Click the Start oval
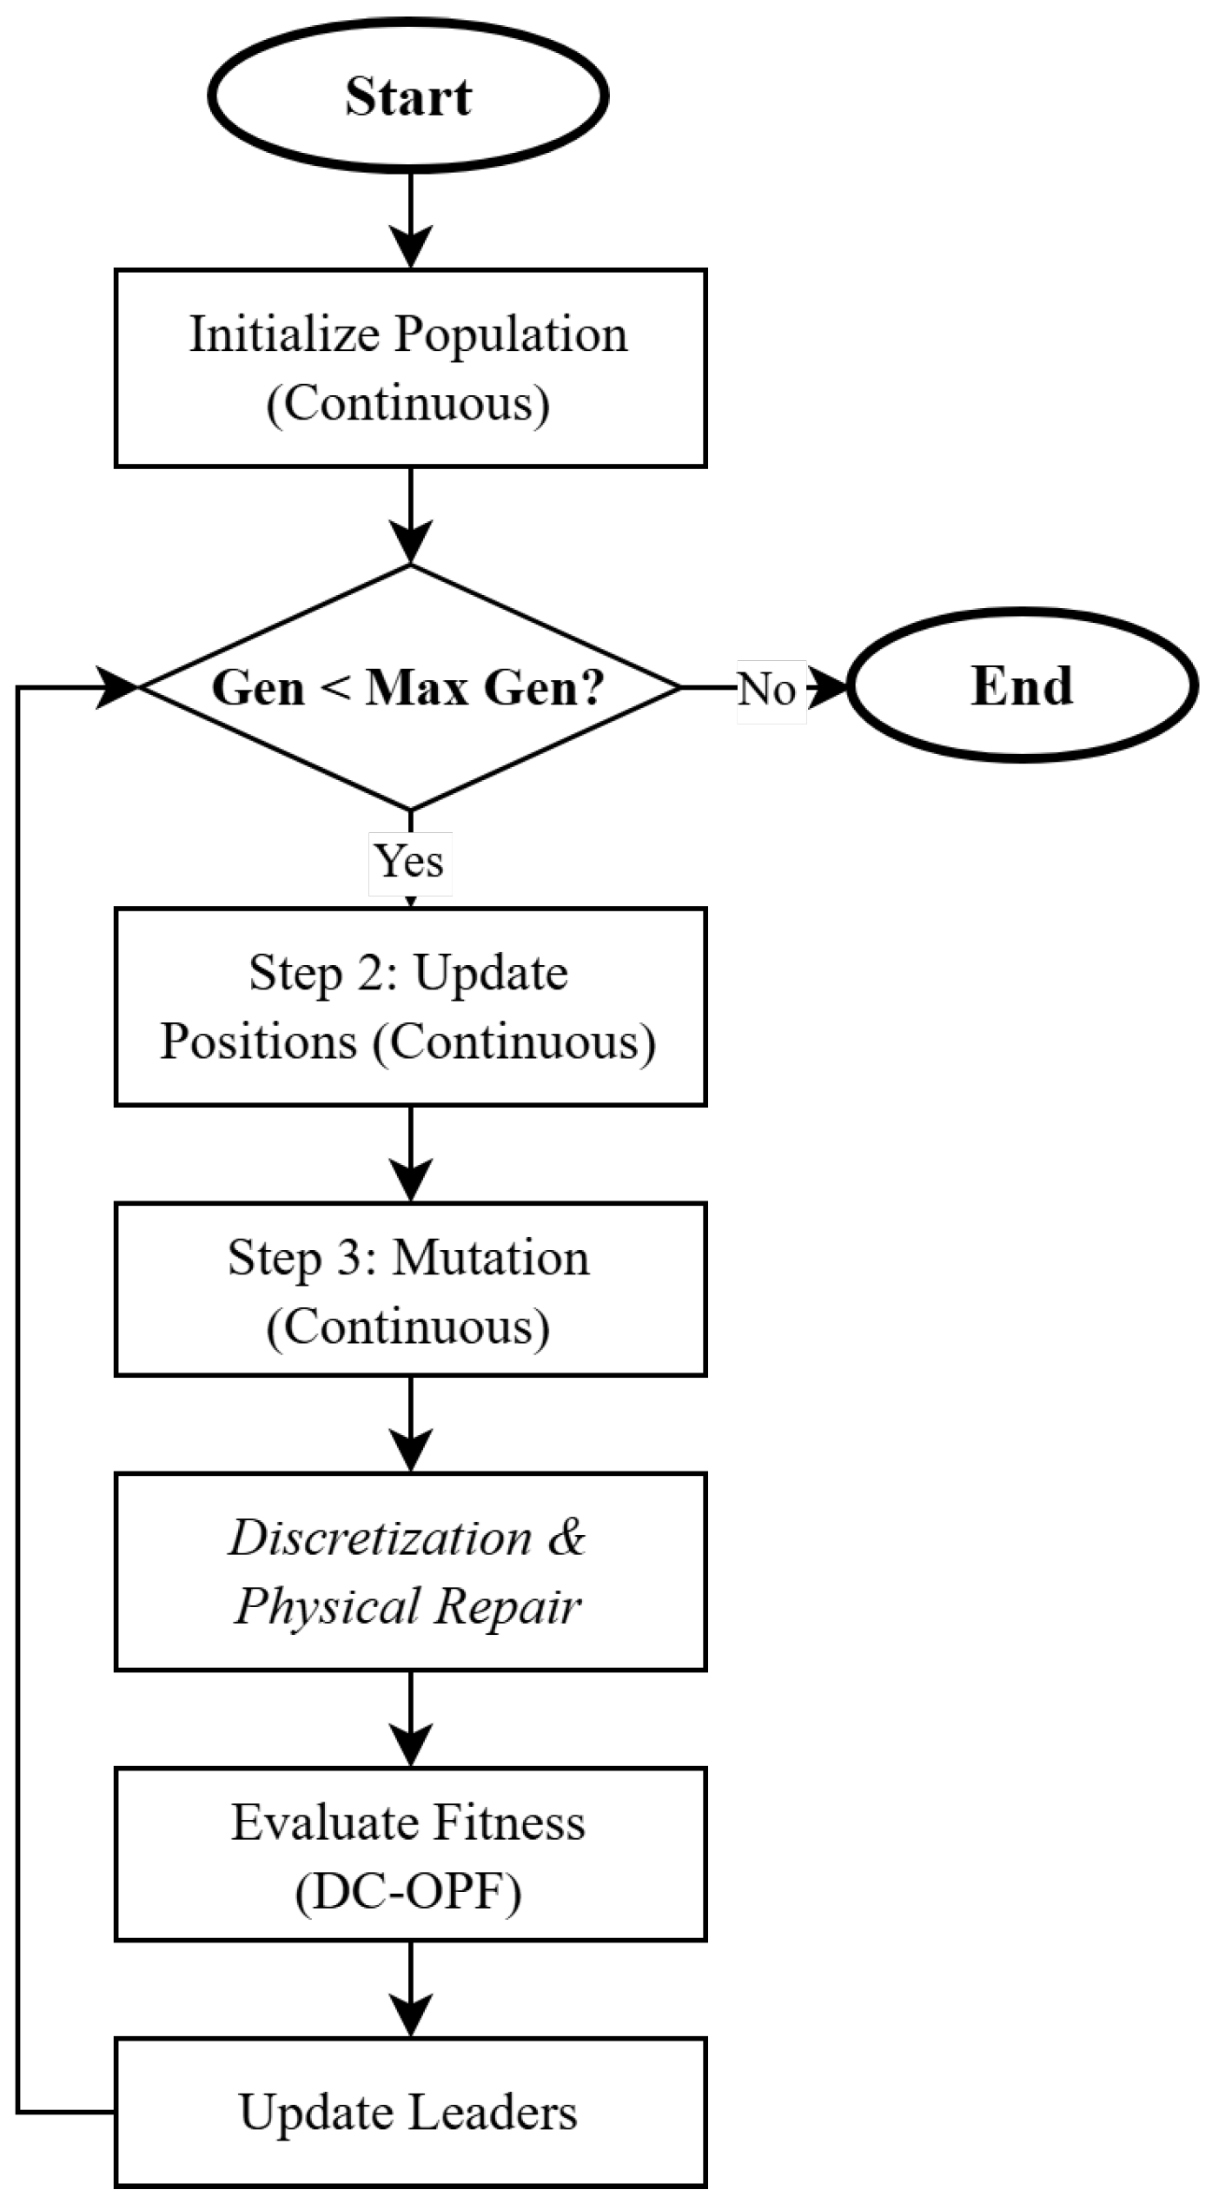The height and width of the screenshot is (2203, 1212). click(407, 95)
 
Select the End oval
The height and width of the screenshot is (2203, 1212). click(1023, 686)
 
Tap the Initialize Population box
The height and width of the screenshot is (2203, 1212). click(410, 368)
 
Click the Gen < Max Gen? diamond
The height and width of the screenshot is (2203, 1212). click(410, 687)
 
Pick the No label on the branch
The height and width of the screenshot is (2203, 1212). click(768, 690)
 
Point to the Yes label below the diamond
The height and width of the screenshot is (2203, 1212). click(409, 861)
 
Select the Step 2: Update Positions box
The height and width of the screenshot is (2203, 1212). click(410, 1007)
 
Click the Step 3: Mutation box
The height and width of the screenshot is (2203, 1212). click(410, 1290)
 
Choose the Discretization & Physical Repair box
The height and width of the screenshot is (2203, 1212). click(410, 1572)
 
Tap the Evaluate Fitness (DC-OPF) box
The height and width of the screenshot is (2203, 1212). click(410, 1855)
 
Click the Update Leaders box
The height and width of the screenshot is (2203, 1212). click(410, 2112)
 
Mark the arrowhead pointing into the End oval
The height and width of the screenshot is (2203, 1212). click(825, 688)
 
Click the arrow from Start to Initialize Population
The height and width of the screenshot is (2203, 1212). click(410, 220)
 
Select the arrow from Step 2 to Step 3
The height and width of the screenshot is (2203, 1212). click(410, 1154)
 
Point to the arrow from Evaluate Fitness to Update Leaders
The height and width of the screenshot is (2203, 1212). click(410, 1989)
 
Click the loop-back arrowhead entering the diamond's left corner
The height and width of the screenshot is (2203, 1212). click(117, 688)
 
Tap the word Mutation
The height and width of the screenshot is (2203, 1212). click(491, 1257)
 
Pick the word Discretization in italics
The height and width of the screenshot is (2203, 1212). click(381, 1538)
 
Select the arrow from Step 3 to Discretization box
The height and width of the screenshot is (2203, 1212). click(410, 1425)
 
